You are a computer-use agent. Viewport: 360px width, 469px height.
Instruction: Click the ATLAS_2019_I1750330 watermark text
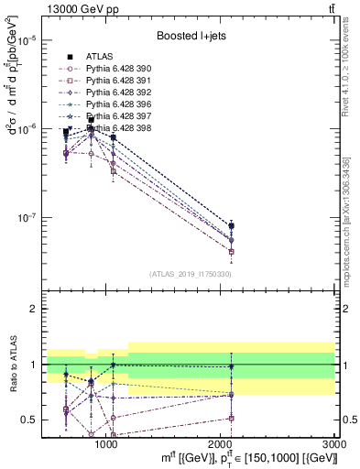[190, 274]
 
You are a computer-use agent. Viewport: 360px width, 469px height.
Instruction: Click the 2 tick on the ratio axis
[33, 309]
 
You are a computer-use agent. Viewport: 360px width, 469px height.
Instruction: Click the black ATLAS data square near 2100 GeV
[232, 225]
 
